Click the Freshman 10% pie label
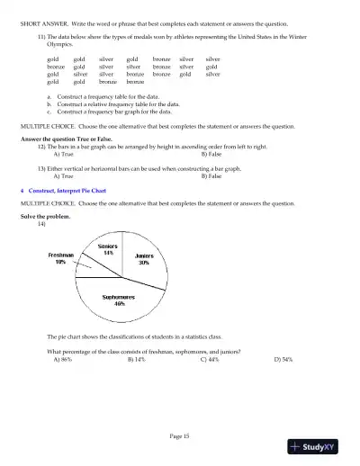pos(60,258)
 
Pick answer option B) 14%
pos(137,358)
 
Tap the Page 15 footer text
pos(179,435)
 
